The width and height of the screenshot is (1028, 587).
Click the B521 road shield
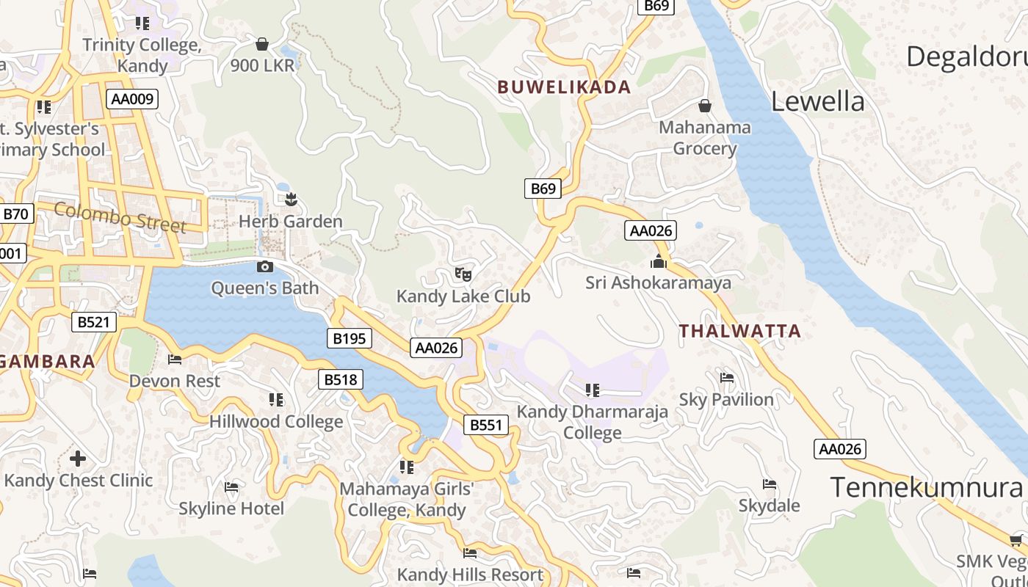tap(94, 321)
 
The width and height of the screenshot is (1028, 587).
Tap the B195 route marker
tap(349, 338)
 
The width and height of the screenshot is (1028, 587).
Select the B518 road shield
tap(341, 379)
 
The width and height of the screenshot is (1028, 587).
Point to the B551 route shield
tap(485, 425)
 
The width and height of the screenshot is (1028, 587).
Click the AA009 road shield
tap(132, 99)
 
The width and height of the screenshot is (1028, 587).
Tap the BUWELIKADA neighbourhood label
tap(564, 87)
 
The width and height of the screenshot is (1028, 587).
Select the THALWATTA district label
tap(739, 331)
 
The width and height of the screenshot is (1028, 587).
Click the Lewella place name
tap(817, 102)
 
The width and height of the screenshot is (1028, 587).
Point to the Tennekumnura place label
tap(926, 487)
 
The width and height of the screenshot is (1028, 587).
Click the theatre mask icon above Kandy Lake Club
tap(463, 274)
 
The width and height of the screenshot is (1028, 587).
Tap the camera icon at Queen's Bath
tap(265, 266)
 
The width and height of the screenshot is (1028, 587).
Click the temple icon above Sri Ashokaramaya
tap(659, 261)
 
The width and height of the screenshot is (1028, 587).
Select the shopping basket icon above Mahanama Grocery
tap(705, 106)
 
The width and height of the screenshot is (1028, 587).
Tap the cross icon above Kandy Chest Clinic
tap(78, 459)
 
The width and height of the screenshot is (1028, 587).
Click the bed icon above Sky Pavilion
tap(727, 378)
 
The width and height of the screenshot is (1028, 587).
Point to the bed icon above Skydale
tap(770, 484)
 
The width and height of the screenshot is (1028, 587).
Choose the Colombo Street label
tap(120, 218)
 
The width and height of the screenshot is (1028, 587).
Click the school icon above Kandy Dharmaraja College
tap(593, 390)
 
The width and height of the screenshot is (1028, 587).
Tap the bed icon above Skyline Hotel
tap(231, 487)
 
